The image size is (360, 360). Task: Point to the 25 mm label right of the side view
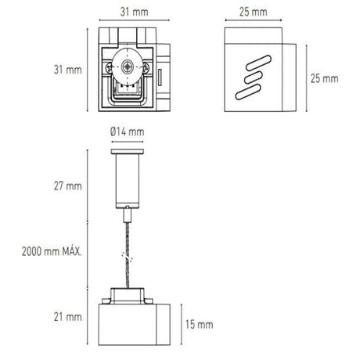pyautogui.click(x=324, y=78)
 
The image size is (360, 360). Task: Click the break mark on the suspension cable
pyautogui.click(x=125, y=257)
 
